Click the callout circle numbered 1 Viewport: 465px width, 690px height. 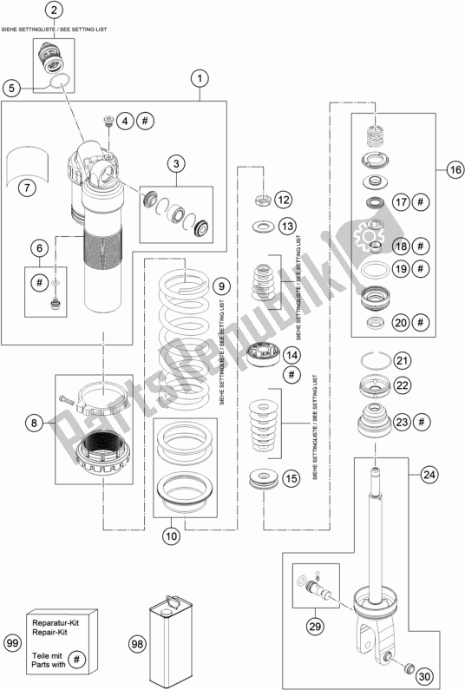pos(200,79)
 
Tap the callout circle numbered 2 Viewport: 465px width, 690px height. pos(54,10)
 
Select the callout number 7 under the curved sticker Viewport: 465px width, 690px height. pos(27,188)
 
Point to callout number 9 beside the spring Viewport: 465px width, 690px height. pos(221,286)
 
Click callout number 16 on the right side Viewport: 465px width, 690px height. pos(455,169)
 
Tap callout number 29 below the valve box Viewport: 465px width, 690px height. pos(315,626)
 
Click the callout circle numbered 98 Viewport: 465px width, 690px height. pos(137,644)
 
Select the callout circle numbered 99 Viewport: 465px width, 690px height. pos(13,643)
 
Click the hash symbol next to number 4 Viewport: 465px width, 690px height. pos(145,121)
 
